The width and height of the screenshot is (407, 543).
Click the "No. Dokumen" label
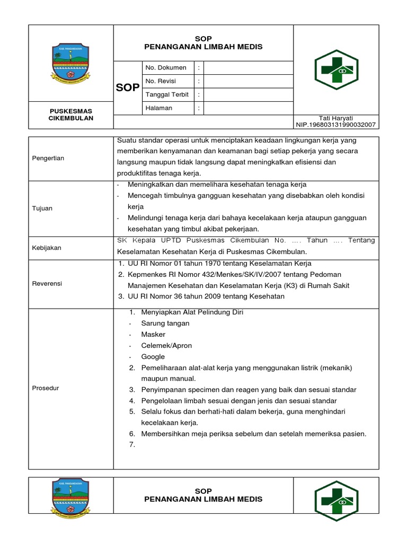click(165, 67)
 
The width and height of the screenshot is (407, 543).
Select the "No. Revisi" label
click(161, 81)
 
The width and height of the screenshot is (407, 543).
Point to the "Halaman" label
click(158, 108)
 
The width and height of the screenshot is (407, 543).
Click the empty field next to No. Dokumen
click(248, 67)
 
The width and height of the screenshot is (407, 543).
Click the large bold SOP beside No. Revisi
click(127, 87)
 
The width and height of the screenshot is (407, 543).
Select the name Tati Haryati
click(336, 118)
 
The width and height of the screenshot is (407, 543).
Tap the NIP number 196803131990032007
click(336, 125)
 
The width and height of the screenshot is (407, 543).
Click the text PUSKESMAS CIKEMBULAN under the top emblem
click(71, 115)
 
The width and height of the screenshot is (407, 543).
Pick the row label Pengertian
click(48, 158)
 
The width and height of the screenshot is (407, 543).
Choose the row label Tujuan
click(42, 208)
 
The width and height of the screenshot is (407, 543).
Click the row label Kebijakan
click(46, 248)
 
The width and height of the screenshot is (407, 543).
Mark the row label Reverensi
click(47, 284)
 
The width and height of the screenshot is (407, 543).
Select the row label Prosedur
click(45, 388)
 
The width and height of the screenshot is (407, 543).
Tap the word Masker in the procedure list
click(153, 335)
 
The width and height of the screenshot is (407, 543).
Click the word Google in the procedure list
click(153, 357)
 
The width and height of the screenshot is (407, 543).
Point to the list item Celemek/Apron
click(166, 346)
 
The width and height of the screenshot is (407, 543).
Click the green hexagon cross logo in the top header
click(336, 69)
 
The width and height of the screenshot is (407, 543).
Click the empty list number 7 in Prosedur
click(132, 445)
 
